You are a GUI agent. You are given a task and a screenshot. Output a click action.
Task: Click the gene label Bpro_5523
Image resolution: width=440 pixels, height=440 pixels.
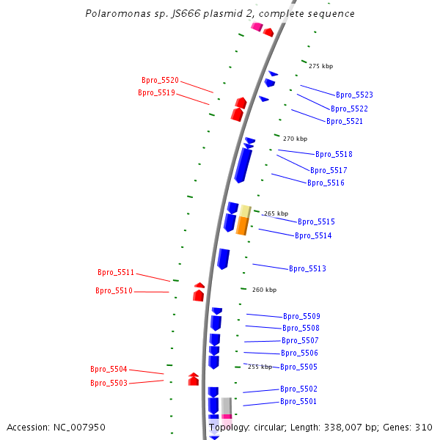click(354, 95)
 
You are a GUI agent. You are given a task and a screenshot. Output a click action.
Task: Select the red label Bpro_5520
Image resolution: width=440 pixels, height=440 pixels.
click(160, 81)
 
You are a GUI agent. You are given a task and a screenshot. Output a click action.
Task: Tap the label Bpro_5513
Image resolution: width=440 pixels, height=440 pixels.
click(307, 269)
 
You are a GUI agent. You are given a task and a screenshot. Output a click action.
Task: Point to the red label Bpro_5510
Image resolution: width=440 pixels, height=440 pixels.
click(114, 291)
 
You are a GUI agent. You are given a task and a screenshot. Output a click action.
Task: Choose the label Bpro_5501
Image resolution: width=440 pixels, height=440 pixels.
click(298, 402)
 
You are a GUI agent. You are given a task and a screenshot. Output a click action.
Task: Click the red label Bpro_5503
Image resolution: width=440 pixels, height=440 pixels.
click(109, 384)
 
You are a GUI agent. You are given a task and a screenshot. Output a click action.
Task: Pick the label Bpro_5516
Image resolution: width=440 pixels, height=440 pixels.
click(326, 183)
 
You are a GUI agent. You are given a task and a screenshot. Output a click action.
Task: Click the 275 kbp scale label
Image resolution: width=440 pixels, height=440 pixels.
click(320, 67)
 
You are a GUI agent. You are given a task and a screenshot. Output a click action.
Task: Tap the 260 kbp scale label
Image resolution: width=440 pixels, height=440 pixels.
click(264, 290)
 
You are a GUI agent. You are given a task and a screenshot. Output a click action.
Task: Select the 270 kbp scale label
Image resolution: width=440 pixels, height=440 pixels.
click(295, 139)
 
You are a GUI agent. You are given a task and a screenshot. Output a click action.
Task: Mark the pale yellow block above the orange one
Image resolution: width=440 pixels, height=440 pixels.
click(246, 211)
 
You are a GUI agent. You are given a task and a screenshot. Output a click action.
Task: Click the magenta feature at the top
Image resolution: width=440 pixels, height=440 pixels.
click(256, 27)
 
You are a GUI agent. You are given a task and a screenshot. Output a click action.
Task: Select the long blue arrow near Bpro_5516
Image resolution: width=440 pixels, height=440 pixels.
click(242, 164)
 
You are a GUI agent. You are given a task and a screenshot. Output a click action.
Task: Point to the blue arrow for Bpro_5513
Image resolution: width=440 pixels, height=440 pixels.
click(223, 259)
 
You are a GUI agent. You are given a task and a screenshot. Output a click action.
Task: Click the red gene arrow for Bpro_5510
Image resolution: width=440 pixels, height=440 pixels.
click(198, 295)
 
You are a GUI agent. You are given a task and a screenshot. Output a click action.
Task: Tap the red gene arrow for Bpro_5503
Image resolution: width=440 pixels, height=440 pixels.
click(194, 381)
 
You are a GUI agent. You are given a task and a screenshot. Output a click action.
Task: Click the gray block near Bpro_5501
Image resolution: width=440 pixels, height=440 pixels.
click(227, 406)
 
